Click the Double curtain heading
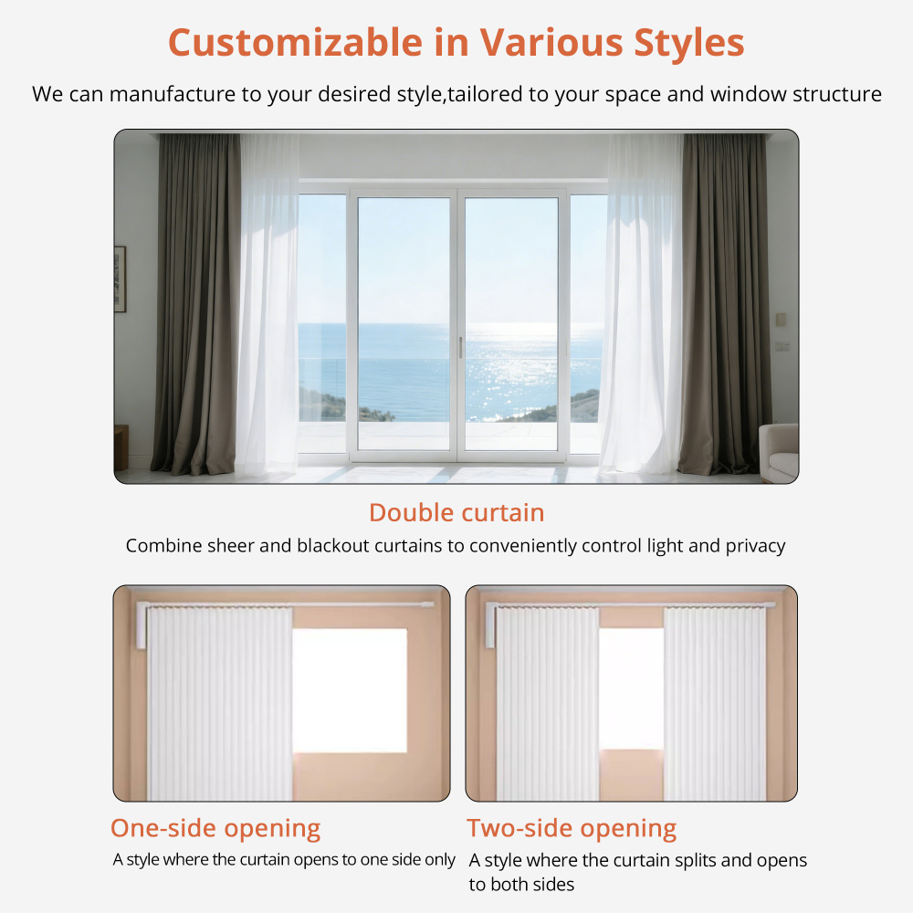(x=456, y=512)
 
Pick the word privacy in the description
(x=755, y=546)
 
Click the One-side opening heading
(x=215, y=828)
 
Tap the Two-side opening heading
(x=572, y=828)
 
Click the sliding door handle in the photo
(x=460, y=347)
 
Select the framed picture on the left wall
(x=120, y=278)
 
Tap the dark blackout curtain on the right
(x=724, y=301)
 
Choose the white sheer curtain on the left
(x=268, y=301)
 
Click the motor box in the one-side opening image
(x=141, y=624)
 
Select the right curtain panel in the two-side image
(x=715, y=703)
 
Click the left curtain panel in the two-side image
(x=547, y=703)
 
